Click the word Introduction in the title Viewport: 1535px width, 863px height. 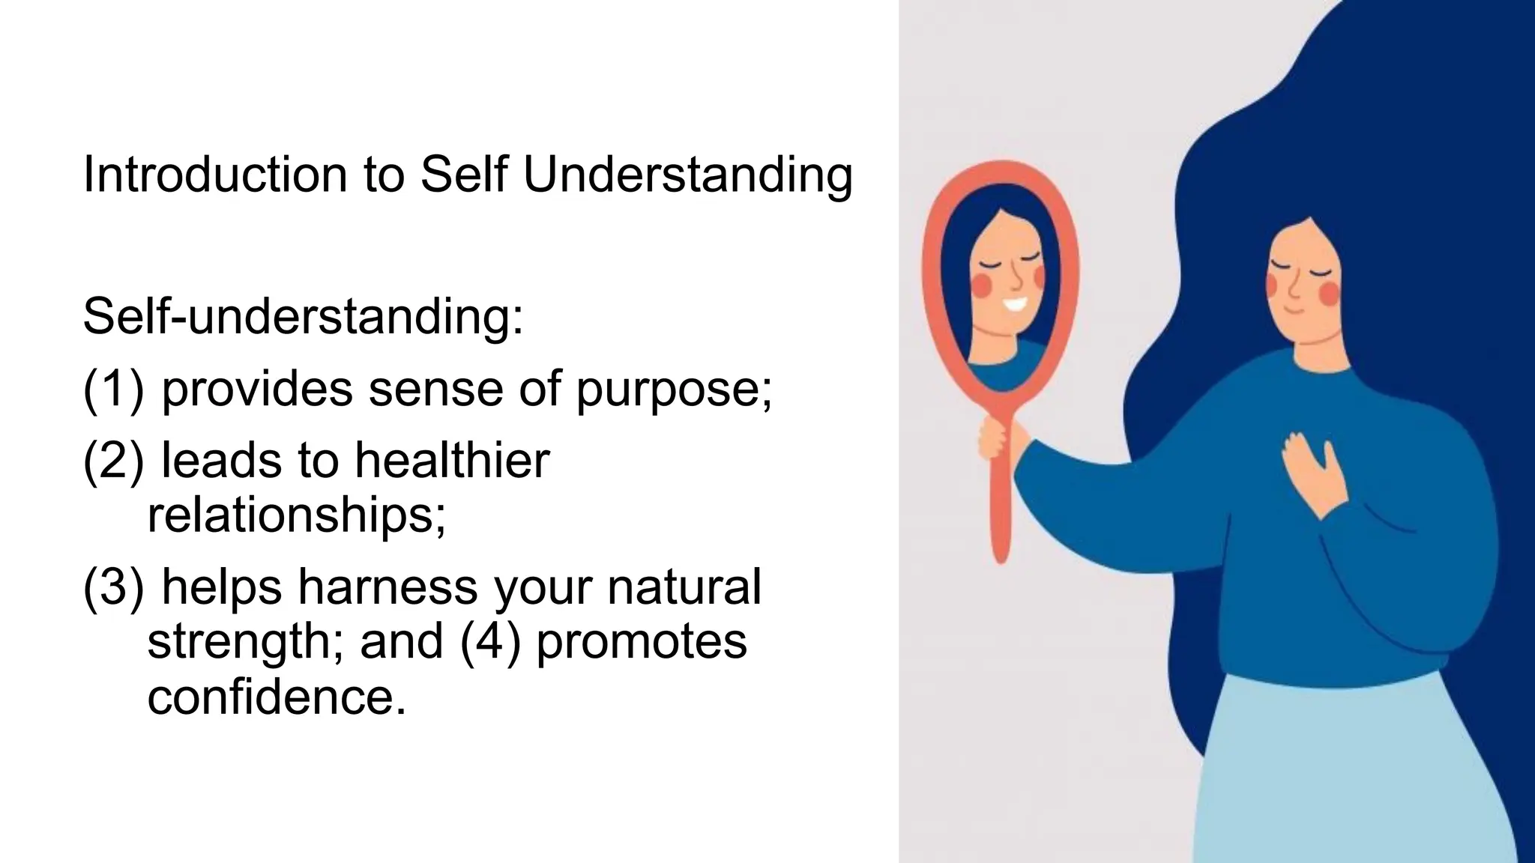pos(214,175)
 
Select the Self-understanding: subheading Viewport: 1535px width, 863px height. pos(303,317)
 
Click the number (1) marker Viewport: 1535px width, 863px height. pos(112,390)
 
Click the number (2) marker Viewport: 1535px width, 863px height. pos(112,460)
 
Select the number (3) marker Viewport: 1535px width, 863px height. pos(112,586)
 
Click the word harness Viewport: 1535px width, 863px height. pos(387,586)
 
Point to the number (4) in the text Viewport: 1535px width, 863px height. pos(490,642)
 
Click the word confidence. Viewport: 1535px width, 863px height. pos(276,697)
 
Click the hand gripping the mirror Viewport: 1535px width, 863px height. pos(997,439)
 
